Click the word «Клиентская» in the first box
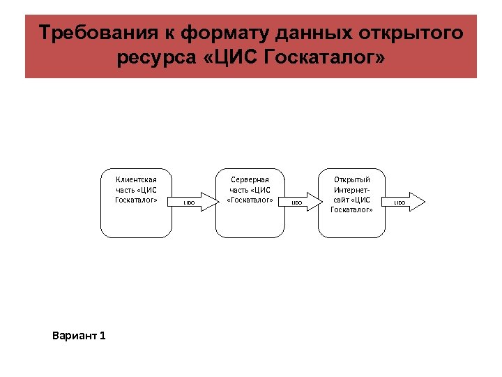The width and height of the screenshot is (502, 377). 136,179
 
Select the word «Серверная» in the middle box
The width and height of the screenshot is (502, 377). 250,179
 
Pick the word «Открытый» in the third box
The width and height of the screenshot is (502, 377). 352,179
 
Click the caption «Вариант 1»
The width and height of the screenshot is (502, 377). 79,336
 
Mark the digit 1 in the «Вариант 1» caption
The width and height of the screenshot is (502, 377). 102,336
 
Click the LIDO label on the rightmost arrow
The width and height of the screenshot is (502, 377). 400,202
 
